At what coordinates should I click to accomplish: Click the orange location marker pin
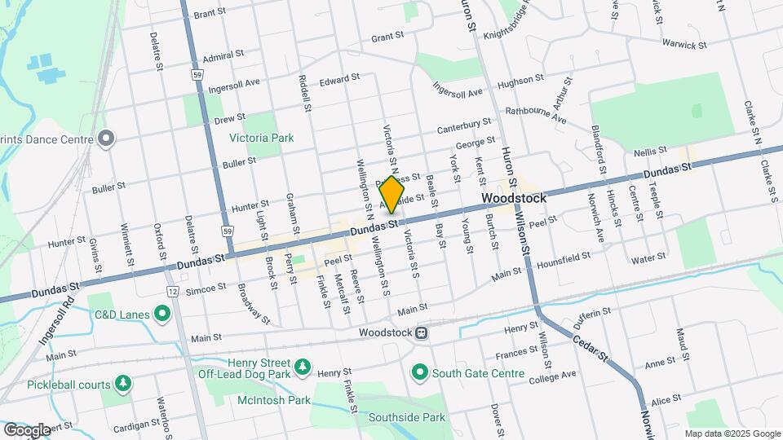[392, 195]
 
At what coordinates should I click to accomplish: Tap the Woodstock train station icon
[422, 332]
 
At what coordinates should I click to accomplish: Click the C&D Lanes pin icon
[162, 313]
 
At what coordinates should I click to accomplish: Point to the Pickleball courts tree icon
[123, 382]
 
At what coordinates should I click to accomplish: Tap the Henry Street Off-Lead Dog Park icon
[303, 367]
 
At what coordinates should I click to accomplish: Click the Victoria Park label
[261, 139]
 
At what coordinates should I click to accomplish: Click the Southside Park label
[406, 417]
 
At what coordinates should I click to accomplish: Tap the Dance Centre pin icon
[105, 139]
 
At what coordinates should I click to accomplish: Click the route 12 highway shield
[173, 291]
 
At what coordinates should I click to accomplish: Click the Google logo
[27, 429]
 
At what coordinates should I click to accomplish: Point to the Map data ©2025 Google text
[732, 433]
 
